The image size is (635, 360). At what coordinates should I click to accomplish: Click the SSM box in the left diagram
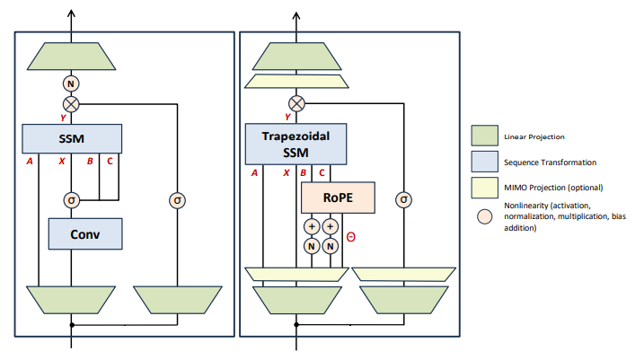click(x=72, y=139)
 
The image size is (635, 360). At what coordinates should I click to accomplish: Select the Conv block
click(x=84, y=234)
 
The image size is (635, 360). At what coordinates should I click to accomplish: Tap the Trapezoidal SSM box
click(x=295, y=143)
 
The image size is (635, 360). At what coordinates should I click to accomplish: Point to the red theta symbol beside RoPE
click(x=351, y=237)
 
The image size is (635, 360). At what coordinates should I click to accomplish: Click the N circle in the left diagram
click(x=72, y=83)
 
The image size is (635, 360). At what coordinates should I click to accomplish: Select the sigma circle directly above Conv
click(x=72, y=199)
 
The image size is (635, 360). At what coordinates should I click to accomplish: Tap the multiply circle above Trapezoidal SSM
click(x=297, y=102)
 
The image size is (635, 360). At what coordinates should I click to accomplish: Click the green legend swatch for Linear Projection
click(x=485, y=136)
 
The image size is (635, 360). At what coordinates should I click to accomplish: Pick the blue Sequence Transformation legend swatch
click(x=485, y=162)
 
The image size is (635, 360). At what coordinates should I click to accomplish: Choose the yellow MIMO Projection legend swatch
click(x=485, y=188)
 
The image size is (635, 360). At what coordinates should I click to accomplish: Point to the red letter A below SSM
click(x=31, y=162)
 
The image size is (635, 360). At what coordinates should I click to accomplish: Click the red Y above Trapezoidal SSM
click(x=287, y=117)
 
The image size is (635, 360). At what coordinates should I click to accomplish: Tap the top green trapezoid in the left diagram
click(x=72, y=57)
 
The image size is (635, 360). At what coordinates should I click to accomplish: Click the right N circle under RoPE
click(x=331, y=245)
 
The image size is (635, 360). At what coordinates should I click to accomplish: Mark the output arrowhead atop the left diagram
click(x=72, y=11)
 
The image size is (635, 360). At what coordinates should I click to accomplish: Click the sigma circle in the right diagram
click(x=403, y=199)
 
